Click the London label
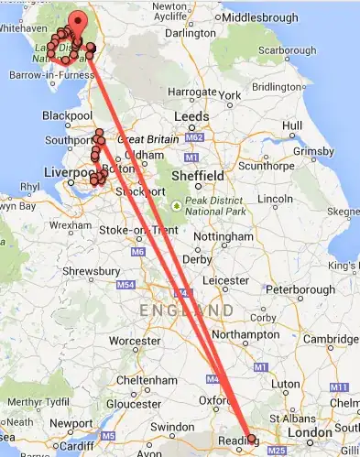tap(308, 433)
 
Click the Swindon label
tap(173, 427)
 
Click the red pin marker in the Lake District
tap(78, 22)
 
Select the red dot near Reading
tap(253, 440)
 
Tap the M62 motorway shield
tap(192, 137)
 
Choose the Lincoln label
tap(275, 199)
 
